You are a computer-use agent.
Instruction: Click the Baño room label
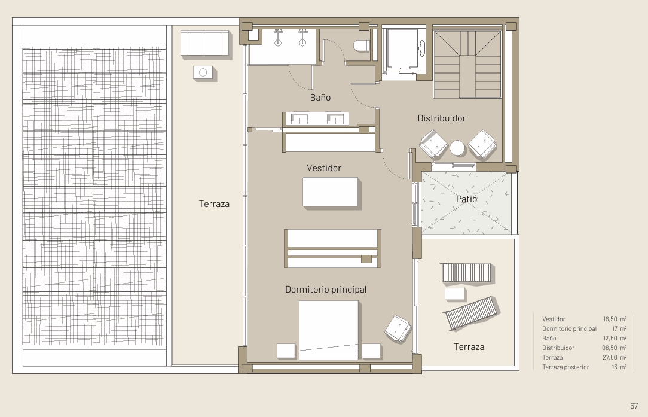(x=320, y=97)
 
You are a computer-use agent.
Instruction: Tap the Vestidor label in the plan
(x=324, y=168)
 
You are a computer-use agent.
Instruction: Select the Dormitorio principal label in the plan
(x=326, y=290)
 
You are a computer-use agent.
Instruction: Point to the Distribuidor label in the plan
(x=441, y=118)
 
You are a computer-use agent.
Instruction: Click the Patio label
(x=467, y=199)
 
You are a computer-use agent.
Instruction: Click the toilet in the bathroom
(x=362, y=45)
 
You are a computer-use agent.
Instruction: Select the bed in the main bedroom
(x=329, y=330)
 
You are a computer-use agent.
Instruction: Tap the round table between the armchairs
(x=457, y=148)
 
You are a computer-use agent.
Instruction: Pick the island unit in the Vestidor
(x=330, y=191)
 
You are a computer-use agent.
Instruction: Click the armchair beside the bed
(x=398, y=329)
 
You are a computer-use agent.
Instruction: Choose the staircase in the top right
(x=467, y=64)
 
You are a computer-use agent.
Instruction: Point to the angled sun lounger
(x=470, y=313)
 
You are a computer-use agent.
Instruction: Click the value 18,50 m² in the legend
(x=615, y=319)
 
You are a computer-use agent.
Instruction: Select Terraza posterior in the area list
(x=566, y=367)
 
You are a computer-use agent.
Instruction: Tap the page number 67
(x=634, y=406)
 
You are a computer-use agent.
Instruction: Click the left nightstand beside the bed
(x=286, y=351)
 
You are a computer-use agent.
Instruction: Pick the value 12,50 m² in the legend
(x=615, y=338)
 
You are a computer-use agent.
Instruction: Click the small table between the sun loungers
(x=454, y=294)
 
